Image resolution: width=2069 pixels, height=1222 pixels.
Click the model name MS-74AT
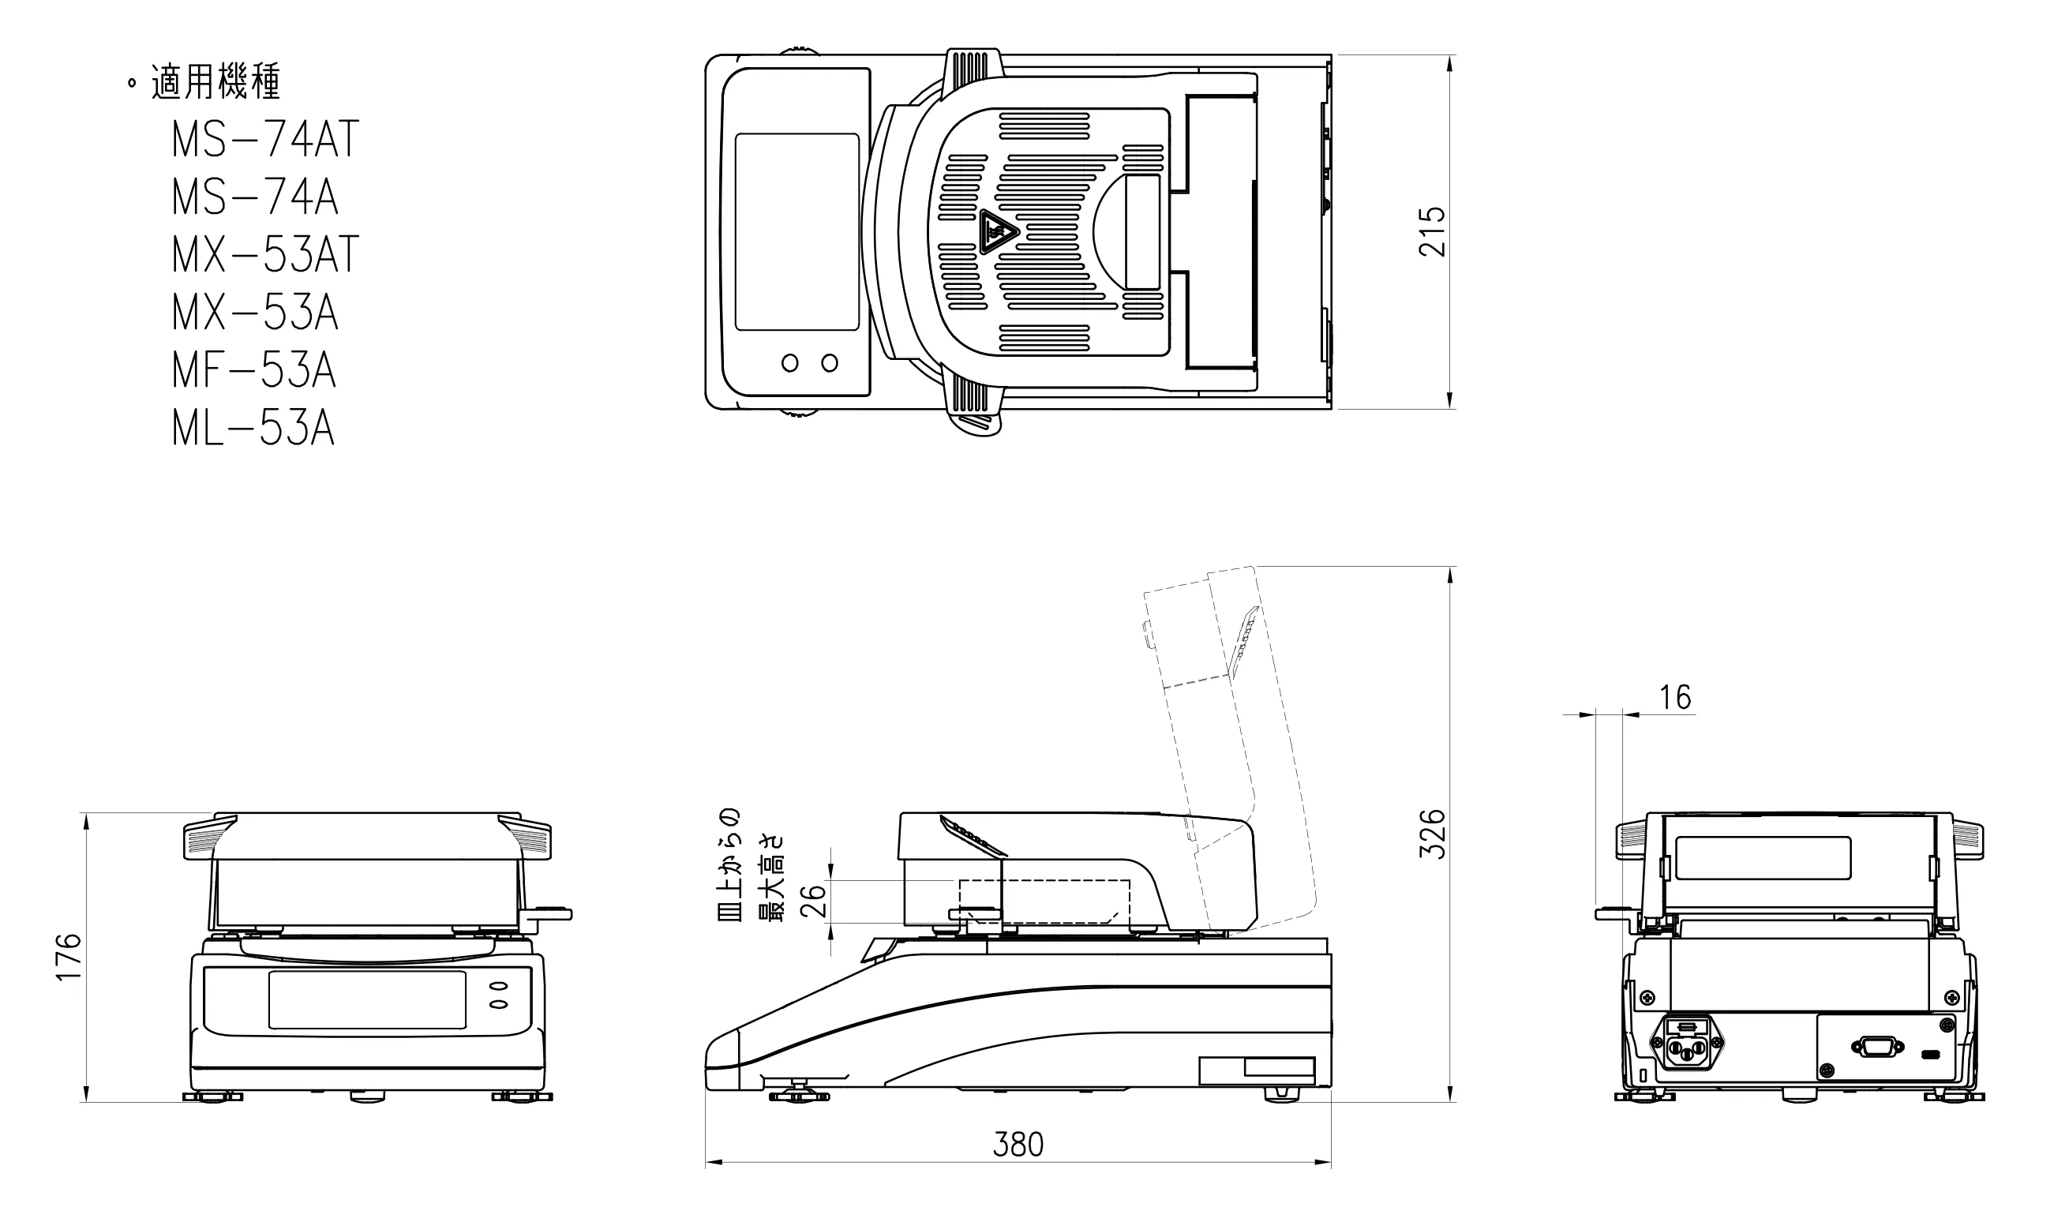click(x=265, y=140)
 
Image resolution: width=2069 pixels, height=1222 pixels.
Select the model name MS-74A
click(x=255, y=197)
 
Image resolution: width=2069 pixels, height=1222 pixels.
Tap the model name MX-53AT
click(x=265, y=255)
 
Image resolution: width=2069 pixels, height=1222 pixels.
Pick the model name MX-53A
click(x=255, y=313)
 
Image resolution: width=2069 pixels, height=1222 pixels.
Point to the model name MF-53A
click(x=254, y=370)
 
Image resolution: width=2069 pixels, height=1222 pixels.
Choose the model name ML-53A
click(x=253, y=428)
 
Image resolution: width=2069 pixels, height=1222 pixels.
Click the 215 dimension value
click(x=1433, y=231)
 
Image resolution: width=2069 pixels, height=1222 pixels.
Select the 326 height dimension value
click(x=1433, y=834)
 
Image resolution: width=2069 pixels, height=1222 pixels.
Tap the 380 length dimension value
click(x=1018, y=1145)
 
